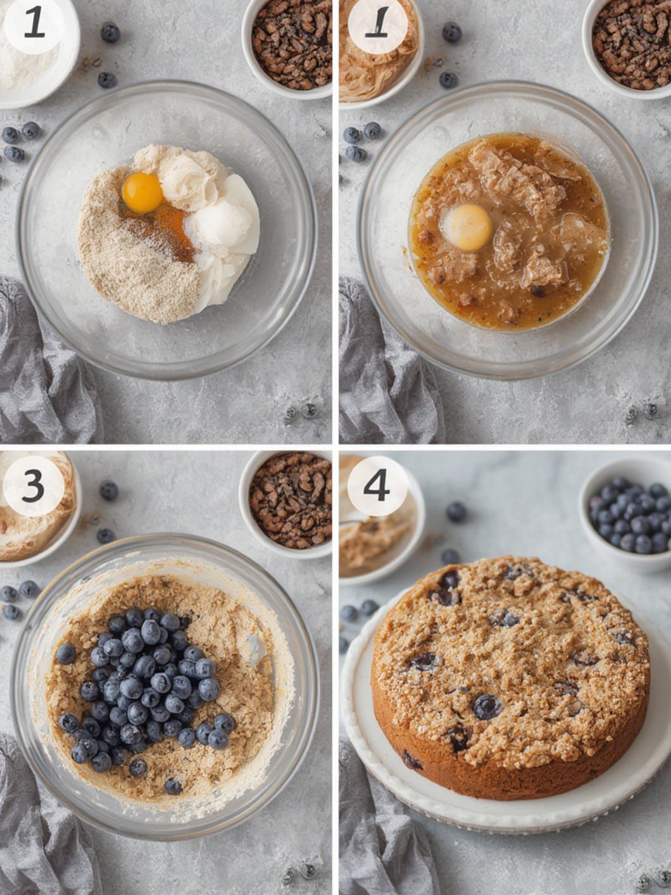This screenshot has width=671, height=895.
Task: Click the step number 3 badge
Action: pos(33,486)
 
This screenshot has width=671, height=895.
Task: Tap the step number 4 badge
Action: pos(377,486)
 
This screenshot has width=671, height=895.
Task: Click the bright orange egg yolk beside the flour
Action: pos(142,192)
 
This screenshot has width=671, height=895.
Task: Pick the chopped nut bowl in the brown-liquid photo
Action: pos(633,44)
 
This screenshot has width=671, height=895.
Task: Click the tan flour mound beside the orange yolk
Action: pos(136,266)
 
